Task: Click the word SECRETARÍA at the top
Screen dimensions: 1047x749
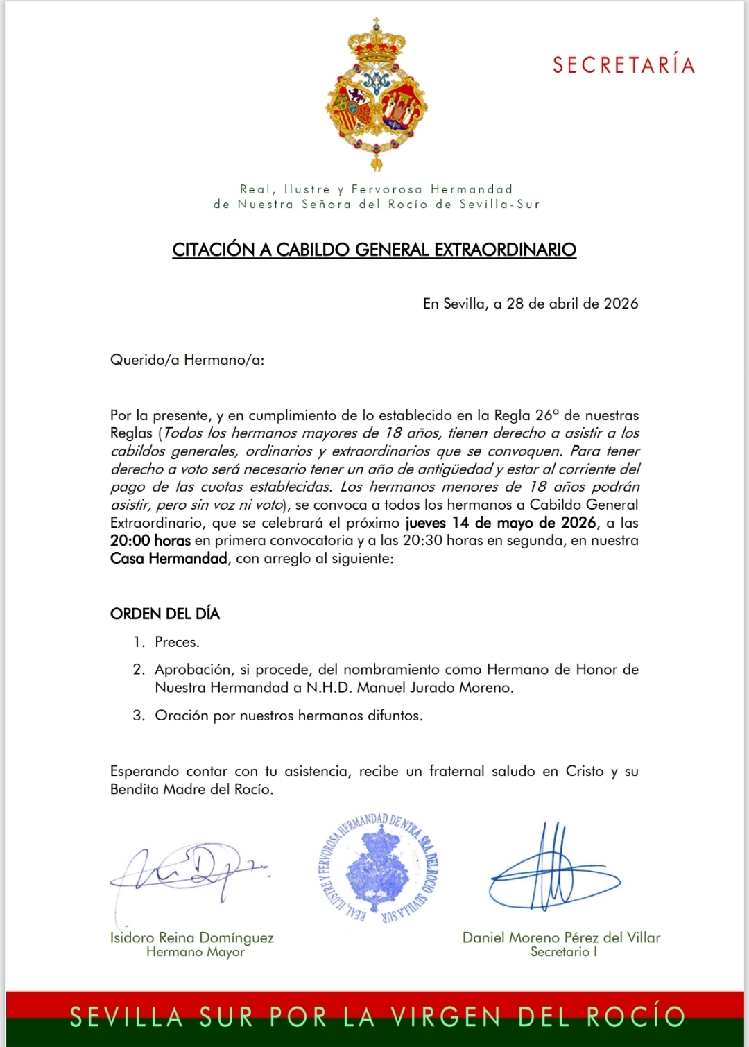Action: coord(623,65)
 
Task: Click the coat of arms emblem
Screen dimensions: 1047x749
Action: coord(377,94)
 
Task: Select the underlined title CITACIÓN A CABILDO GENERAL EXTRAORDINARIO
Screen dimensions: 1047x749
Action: coord(374,250)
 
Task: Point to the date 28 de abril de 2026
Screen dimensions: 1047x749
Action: coord(572,304)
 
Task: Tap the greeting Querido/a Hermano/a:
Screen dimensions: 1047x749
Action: coord(187,360)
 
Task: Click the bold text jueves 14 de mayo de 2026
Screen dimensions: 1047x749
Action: coord(501,523)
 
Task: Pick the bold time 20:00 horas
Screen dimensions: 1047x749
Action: coord(150,541)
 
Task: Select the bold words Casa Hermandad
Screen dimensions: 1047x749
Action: coord(169,559)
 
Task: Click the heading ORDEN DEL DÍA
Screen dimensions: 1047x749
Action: coord(165,614)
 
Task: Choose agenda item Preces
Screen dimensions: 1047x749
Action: coord(177,642)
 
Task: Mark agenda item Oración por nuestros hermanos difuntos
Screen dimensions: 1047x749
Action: coord(289,716)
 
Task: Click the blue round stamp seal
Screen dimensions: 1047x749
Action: coord(377,869)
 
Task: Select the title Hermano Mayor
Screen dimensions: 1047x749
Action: coord(196,953)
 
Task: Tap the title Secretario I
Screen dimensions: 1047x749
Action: coord(564,953)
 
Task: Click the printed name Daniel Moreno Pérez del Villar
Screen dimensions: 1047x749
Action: coord(561,937)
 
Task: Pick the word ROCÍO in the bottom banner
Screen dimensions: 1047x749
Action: coord(635,1016)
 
